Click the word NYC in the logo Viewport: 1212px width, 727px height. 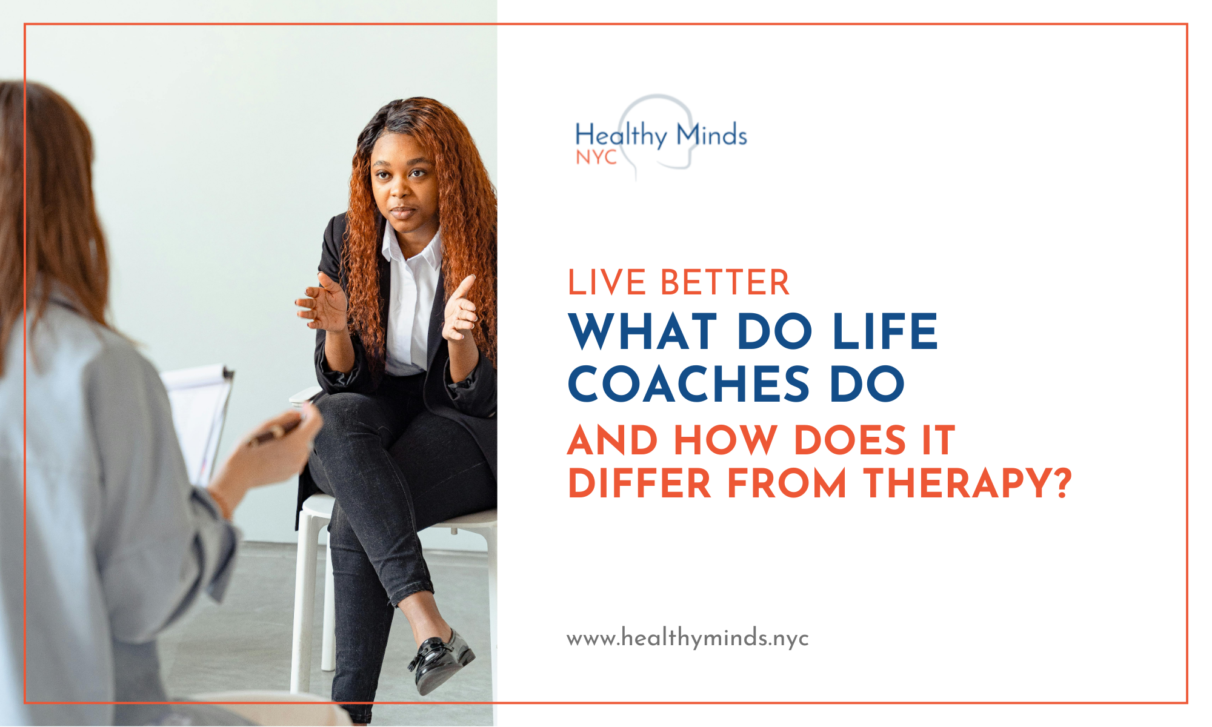596,158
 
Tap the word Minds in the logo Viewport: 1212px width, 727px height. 711,134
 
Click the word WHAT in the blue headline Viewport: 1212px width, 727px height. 643,332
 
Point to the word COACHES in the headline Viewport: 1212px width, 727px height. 688,384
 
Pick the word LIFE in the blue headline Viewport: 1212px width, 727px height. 885,332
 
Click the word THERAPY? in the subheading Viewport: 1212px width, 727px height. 968,483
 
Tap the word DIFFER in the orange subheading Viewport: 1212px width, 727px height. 639,483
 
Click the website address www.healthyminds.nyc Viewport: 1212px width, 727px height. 687,639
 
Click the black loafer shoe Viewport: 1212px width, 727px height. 441,662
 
